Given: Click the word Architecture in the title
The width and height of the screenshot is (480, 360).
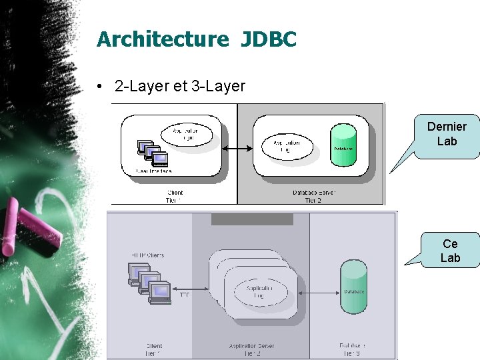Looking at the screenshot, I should click(x=162, y=39).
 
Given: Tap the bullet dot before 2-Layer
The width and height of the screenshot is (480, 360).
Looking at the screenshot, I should click(x=98, y=87).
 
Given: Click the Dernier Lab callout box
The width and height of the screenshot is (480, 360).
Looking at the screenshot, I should click(x=447, y=134).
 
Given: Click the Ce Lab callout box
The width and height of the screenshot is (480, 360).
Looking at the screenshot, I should click(x=450, y=251).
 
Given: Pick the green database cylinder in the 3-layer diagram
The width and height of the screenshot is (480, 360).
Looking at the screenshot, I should click(x=353, y=287).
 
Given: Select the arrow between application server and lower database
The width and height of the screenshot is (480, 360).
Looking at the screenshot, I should click(x=319, y=292).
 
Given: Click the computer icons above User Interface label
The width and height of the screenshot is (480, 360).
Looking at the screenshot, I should click(x=151, y=153).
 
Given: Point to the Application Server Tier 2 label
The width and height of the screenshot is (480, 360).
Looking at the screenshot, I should click(x=251, y=350).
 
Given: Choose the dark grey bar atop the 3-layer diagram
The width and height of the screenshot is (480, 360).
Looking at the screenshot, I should click(x=252, y=219).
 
